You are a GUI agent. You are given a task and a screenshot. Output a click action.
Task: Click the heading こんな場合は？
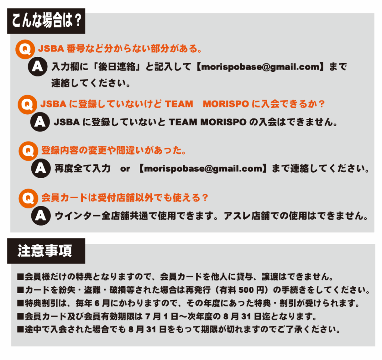46,21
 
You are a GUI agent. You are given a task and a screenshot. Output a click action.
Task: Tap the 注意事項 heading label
45,251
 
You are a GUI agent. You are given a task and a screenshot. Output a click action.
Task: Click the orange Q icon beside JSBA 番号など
25,49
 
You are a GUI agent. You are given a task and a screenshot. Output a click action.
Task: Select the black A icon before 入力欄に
38,66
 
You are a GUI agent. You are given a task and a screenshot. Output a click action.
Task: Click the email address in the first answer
260,66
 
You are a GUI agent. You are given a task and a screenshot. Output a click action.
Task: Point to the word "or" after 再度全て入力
125,168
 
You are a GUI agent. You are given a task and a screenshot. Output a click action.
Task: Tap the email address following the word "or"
203,168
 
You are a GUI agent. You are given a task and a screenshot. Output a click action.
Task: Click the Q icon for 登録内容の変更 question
28,151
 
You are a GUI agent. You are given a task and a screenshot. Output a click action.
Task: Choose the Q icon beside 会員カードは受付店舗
28,198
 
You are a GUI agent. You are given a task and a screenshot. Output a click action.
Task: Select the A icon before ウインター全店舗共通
41,215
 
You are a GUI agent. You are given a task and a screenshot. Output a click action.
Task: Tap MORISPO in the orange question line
226,104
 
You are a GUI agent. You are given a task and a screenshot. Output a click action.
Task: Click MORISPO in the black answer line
223,122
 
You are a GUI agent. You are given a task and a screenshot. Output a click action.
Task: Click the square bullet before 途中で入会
21,330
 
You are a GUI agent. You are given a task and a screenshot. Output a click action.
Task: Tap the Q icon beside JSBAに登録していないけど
27,105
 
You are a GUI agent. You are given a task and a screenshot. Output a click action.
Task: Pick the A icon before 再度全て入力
41,168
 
